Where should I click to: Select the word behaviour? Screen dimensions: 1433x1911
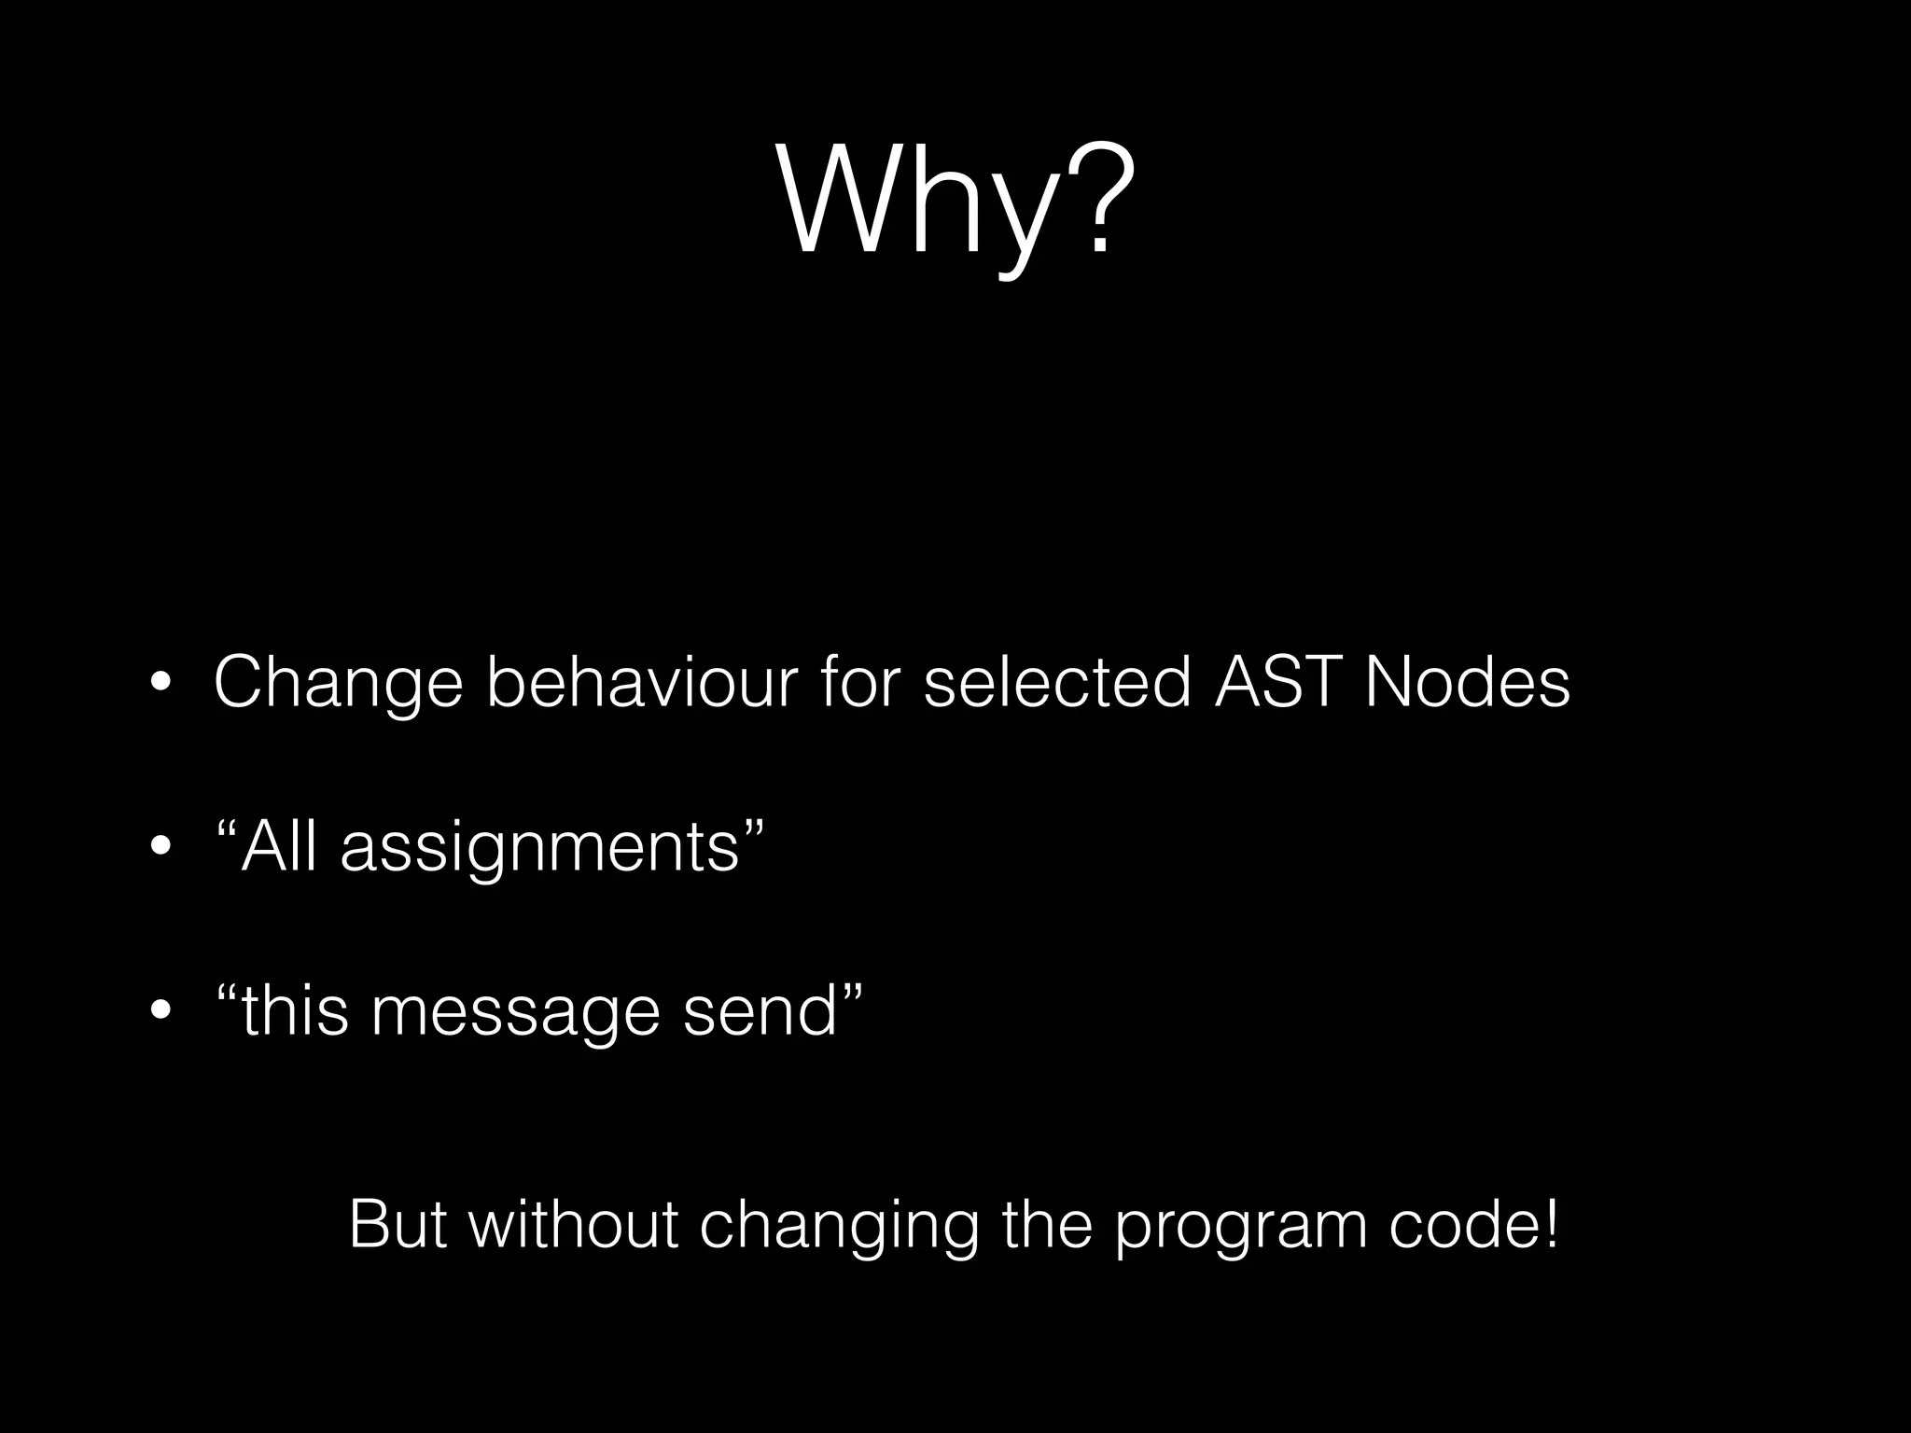(642, 682)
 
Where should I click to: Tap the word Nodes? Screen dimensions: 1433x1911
(1467, 682)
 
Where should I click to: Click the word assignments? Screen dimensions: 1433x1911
(540, 850)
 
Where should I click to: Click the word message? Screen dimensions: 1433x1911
(515, 1014)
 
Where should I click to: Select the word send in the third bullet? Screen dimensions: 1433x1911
(760, 1012)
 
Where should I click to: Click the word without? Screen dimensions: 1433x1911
(572, 1224)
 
